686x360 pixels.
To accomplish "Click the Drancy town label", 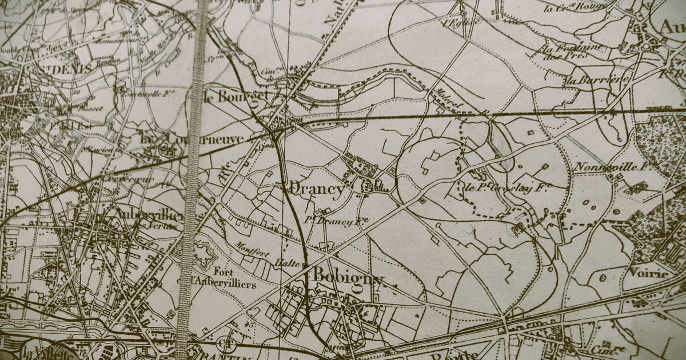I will pyautogui.click(x=317, y=189).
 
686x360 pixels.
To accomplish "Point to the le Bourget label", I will pyautogui.click(x=236, y=96).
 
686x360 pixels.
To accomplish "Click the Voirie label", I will pyautogui.click(x=649, y=273).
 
